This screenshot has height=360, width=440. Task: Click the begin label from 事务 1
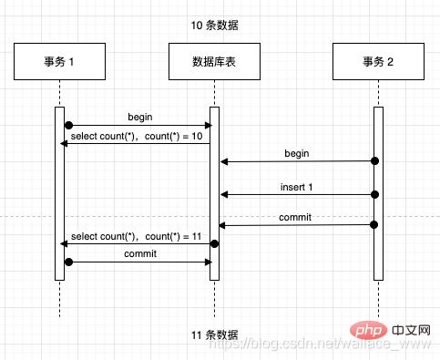click(x=139, y=117)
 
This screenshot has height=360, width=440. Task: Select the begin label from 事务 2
click(x=296, y=153)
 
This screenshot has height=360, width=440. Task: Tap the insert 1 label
click(x=296, y=186)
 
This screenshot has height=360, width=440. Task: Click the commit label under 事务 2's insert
click(x=296, y=217)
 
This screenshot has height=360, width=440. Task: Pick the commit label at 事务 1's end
click(x=139, y=254)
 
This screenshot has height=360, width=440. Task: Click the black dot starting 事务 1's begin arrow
click(x=68, y=125)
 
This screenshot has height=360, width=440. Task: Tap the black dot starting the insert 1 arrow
click(x=373, y=194)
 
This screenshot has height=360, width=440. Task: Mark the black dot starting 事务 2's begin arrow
click(x=373, y=161)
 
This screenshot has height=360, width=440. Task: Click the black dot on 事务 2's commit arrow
click(x=373, y=225)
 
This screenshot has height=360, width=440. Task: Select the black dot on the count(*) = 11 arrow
click(x=215, y=243)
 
